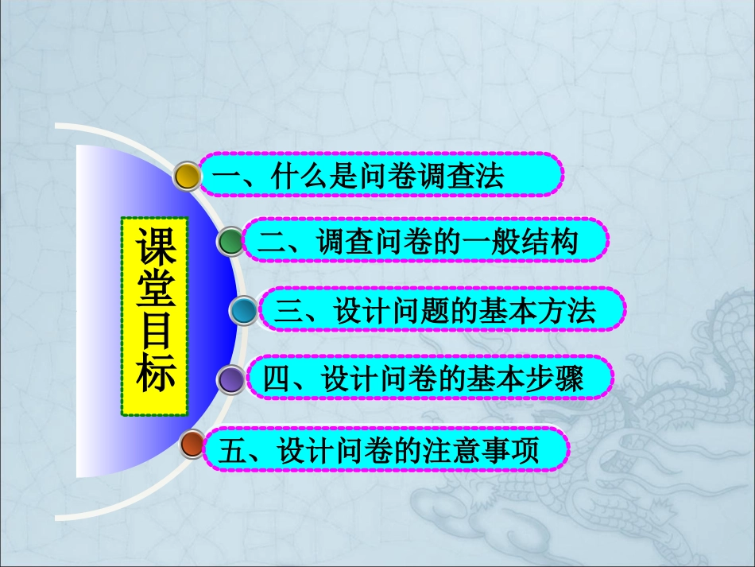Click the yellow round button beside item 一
pyautogui.click(x=187, y=176)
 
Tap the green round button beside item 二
pyautogui.click(x=230, y=242)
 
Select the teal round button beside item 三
pyautogui.click(x=244, y=310)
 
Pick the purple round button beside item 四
pyautogui.click(x=231, y=379)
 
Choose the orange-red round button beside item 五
pyautogui.click(x=192, y=445)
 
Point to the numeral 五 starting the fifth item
pyautogui.click(x=230, y=452)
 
